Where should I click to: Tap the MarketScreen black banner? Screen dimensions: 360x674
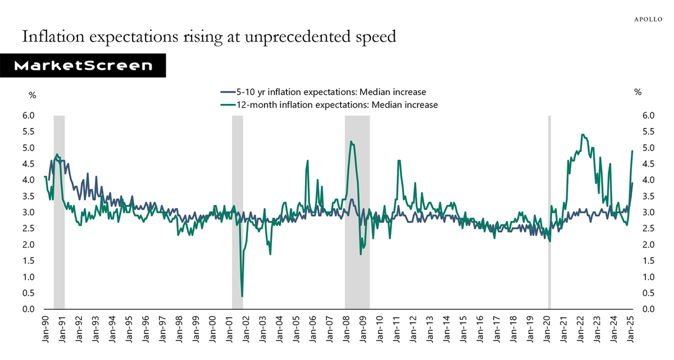[83, 66]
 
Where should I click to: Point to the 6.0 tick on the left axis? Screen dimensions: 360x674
[28, 116]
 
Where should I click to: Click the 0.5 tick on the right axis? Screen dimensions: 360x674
[648, 293]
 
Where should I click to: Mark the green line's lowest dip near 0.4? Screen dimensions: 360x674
[242, 296]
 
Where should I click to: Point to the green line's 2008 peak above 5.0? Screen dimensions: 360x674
[351, 142]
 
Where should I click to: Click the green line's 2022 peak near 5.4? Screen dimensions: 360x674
[582, 135]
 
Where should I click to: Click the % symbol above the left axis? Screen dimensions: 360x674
[32, 95]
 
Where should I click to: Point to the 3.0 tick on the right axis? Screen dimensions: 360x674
[648, 212]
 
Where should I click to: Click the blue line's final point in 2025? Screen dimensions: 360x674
[632, 183]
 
